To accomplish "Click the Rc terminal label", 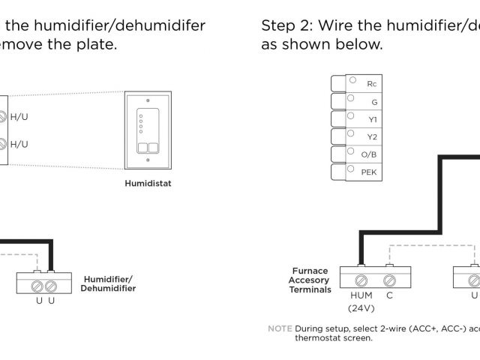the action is (371, 83).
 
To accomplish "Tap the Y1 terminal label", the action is (372, 119).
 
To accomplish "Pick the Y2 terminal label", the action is (372, 137).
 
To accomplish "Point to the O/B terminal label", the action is (369, 154).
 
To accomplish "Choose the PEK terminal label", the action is (369, 172).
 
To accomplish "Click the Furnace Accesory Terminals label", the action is (309, 280).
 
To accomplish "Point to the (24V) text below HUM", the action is (361, 308).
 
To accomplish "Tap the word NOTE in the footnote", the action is (280, 328).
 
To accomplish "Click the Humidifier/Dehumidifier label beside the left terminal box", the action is (109, 283).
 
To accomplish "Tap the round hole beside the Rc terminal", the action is (351, 79).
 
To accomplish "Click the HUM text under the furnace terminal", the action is (361, 295).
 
